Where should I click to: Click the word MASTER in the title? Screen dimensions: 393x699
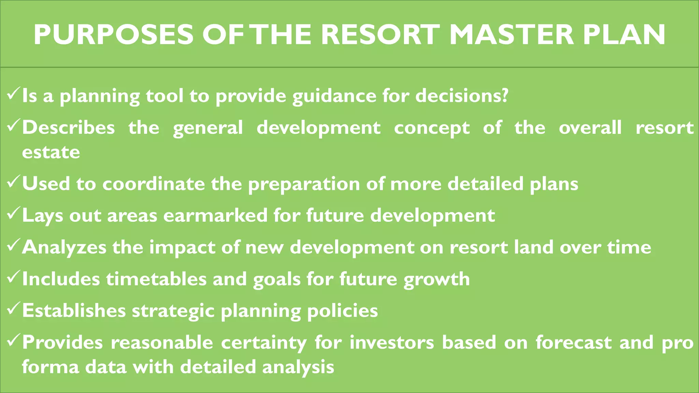pyautogui.click(x=511, y=35)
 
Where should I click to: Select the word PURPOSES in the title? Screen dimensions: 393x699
pyautogui.click(x=113, y=35)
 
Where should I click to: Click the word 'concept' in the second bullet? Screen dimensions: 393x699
pyautogui.click(x=432, y=128)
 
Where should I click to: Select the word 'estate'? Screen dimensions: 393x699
pyautogui.click(x=51, y=152)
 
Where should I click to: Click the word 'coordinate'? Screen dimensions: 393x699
pyautogui.click(x=154, y=184)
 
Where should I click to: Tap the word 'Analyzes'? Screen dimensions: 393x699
pyautogui.click(x=64, y=248)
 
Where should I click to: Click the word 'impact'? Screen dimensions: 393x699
pyautogui.click(x=182, y=248)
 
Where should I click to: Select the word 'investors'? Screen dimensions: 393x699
pyautogui.click(x=391, y=343)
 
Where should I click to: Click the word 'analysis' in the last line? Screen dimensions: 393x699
pyautogui.click(x=298, y=367)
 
